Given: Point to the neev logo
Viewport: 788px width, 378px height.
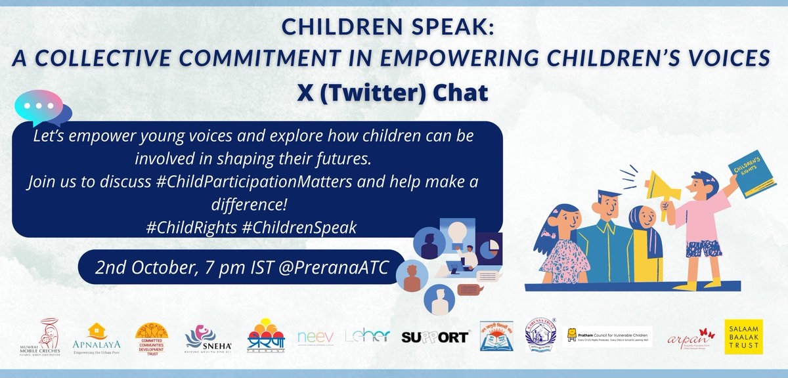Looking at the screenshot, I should [311, 337].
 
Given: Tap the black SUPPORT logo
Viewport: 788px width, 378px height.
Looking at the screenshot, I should [435, 337].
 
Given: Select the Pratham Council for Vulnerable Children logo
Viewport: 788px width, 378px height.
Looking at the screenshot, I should [610, 337].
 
